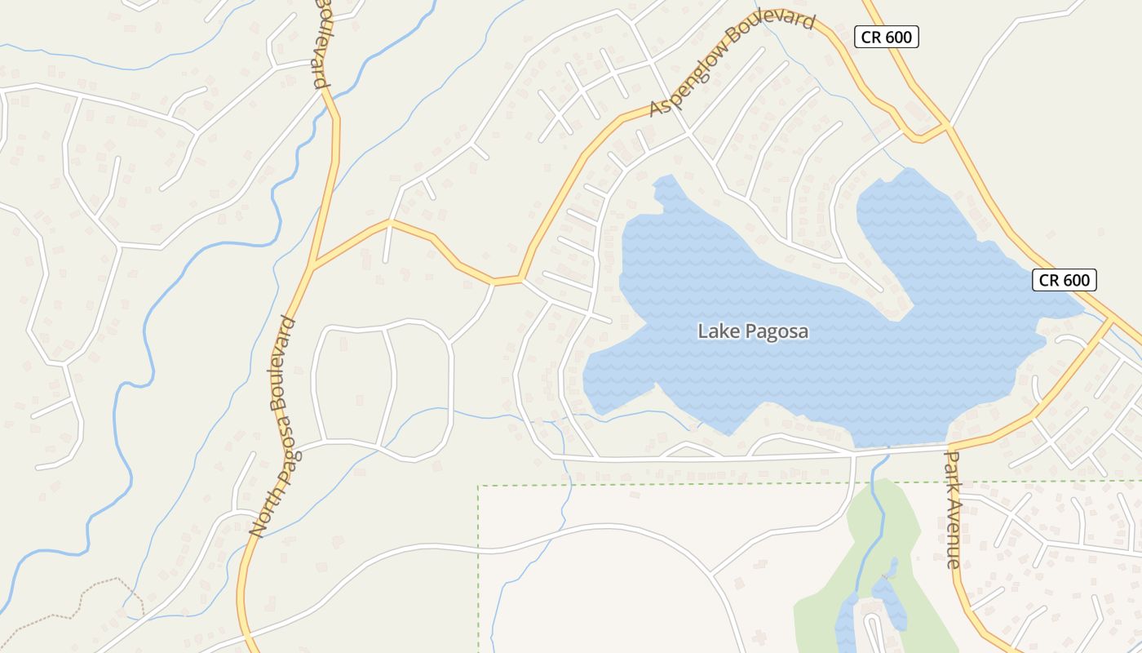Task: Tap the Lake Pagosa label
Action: click(x=753, y=331)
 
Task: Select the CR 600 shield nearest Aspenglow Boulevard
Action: click(x=887, y=37)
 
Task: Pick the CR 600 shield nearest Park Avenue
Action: click(x=1065, y=280)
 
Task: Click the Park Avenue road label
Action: click(x=953, y=509)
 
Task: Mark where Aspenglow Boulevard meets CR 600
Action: click(x=947, y=126)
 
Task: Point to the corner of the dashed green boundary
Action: click(x=479, y=486)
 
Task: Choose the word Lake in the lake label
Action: click(x=713, y=331)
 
